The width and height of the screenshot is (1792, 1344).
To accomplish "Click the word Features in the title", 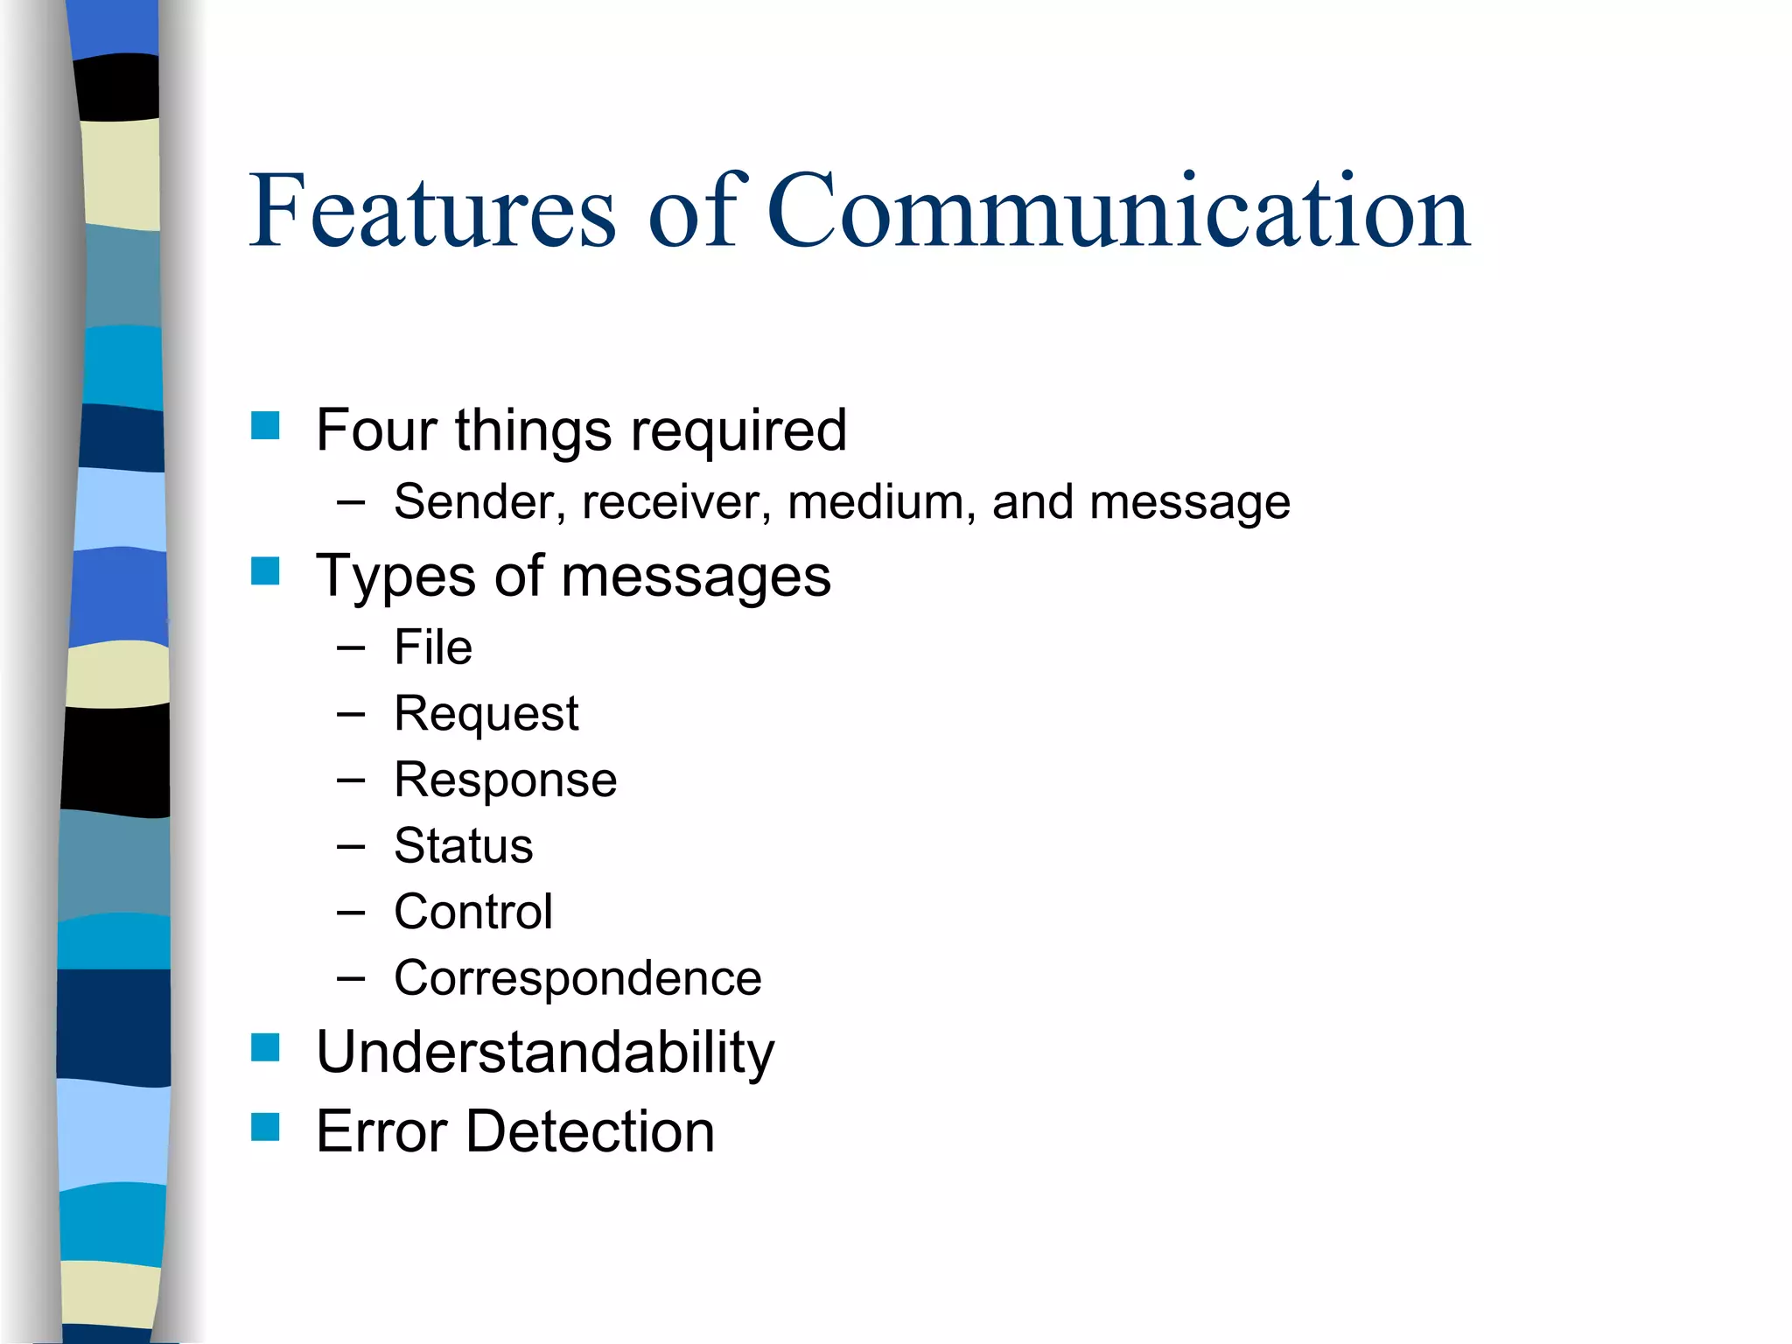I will click(x=433, y=212).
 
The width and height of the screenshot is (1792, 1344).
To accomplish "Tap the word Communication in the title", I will click(x=1118, y=212).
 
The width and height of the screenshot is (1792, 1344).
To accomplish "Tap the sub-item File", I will click(x=433, y=647).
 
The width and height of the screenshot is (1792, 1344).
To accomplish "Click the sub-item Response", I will click(x=505, y=780).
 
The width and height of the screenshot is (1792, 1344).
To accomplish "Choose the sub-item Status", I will click(x=463, y=846).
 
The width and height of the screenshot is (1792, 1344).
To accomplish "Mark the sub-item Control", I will click(x=472, y=912).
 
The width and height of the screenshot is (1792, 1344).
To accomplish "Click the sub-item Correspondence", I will click(x=577, y=978).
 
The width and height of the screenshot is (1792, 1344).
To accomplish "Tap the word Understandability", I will click(x=545, y=1053).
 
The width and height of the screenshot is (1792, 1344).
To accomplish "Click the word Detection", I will click(x=590, y=1131).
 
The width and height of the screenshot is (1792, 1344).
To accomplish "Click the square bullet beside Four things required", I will click(x=265, y=426).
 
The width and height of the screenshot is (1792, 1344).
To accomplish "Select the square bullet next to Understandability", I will click(x=265, y=1047).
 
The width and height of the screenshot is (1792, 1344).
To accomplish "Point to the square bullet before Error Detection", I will click(x=265, y=1127).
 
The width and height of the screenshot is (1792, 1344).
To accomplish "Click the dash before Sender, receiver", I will click(x=350, y=503).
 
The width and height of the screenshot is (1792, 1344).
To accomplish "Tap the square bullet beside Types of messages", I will click(x=265, y=571).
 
